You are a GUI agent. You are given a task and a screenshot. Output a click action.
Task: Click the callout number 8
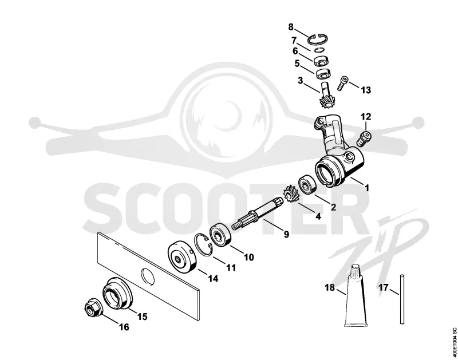291,27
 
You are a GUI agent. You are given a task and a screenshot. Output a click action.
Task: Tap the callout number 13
366,90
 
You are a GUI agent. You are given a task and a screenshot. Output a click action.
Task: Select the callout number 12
366,117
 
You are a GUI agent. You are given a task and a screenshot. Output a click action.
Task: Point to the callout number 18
330,287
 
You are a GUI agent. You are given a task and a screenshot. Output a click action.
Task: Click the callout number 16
124,327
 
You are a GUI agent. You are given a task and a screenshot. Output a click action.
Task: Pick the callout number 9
286,234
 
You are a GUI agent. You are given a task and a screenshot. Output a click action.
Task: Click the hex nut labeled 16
93,308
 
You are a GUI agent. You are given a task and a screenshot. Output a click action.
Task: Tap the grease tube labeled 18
355,295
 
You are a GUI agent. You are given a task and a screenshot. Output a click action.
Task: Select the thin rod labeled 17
402,299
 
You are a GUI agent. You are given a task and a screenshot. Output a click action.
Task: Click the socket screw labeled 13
343,82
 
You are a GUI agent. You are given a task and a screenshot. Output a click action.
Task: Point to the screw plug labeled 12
364,138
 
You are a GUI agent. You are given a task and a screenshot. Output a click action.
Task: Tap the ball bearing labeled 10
221,235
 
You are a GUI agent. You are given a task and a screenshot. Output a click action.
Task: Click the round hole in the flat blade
148,276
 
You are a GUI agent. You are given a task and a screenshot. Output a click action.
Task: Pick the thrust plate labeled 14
183,257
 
